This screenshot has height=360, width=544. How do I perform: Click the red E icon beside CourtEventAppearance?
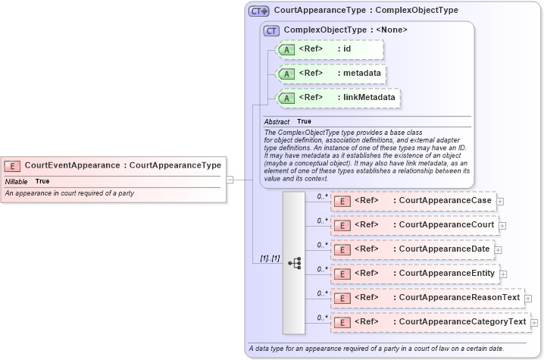point(13,165)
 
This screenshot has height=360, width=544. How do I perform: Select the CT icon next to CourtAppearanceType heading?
point(259,11)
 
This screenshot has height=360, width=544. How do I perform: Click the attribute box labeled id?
point(330,50)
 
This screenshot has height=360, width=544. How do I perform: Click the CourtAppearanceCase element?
point(414,201)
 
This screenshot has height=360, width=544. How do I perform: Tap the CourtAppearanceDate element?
point(412,249)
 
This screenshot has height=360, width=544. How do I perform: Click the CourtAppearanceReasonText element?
point(427,298)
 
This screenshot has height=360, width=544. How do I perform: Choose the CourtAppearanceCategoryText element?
point(430,322)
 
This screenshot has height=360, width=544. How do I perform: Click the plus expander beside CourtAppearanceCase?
point(501,202)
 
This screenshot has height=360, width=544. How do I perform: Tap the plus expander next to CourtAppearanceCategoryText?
point(535,323)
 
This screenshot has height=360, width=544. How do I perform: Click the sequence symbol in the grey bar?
point(295,263)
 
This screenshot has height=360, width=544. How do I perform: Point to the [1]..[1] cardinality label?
point(269,258)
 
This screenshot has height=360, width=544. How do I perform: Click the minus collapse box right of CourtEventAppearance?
point(230,180)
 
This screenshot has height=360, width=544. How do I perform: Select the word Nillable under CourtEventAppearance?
point(17,182)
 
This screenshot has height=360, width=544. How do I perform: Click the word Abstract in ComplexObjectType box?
point(277,121)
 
